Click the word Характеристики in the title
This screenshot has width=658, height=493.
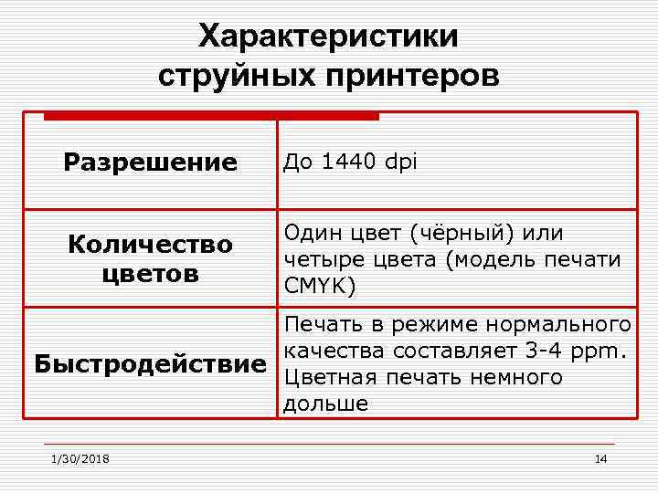(329, 37)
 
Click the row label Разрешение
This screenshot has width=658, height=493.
(150, 163)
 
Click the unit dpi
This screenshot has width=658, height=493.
(401, 163)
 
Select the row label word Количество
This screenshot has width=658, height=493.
(150, 245)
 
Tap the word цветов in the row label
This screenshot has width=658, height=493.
(150, 273)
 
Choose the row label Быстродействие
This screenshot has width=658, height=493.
(150, 364)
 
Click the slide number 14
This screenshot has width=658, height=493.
(600, 458)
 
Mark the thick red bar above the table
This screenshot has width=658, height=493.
(211, 116)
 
